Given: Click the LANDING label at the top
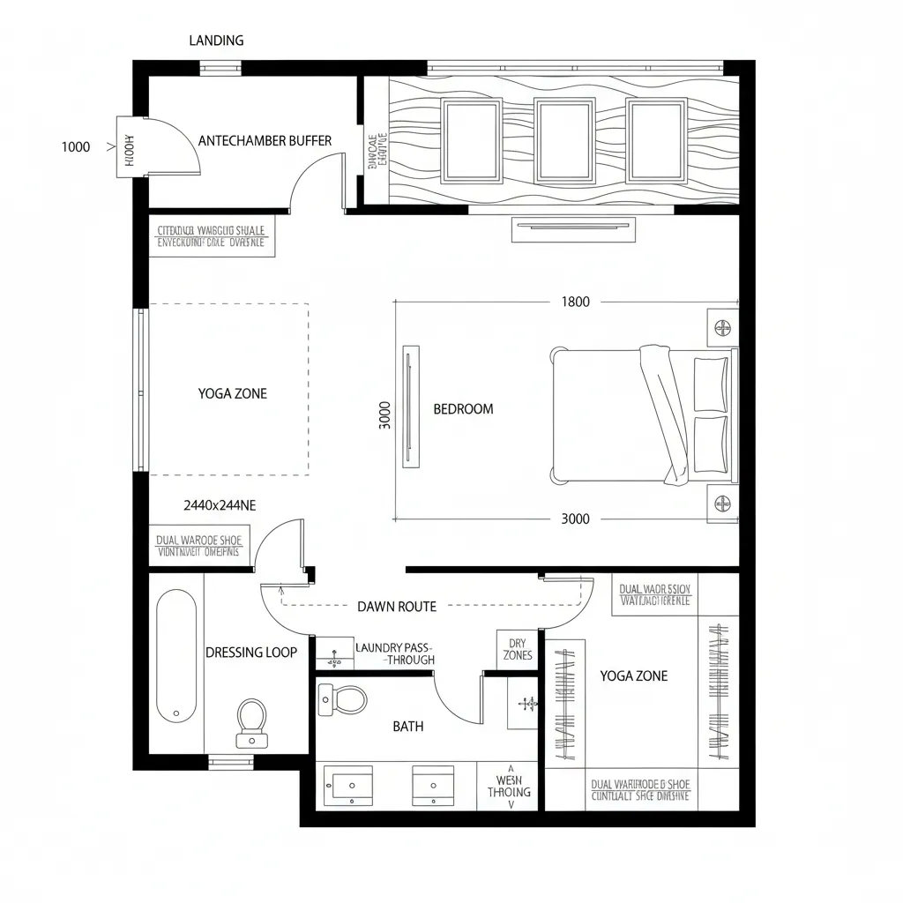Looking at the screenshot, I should tap(216, 41).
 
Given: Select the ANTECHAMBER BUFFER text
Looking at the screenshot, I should tap(265, 141).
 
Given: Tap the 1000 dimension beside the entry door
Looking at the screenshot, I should tap(76, 147).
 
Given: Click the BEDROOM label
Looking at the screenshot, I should tap(463, 409).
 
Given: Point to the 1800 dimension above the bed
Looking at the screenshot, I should tap(575, 302).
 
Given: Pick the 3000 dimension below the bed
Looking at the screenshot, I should tap(575, 519).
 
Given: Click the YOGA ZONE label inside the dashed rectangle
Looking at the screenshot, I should tap(232, 393).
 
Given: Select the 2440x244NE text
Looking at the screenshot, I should tap(220, 505).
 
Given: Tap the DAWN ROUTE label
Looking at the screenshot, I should tap(397, 607).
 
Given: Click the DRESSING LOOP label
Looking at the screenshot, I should tap(250, 653).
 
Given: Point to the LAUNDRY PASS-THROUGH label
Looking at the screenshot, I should tap(394, 653).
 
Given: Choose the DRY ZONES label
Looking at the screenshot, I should tap(517, 649).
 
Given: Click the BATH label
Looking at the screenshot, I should tap(407, 727).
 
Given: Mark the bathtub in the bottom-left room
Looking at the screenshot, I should tap(176, 654).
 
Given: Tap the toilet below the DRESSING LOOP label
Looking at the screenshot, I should tap(252, 721).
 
